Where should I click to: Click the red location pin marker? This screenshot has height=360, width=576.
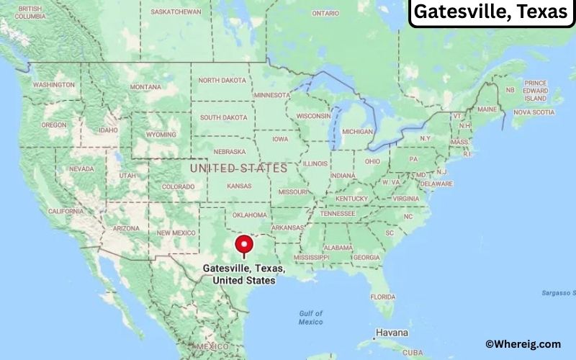tap(245, 246)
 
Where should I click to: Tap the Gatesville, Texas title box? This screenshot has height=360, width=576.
tap(491, 12)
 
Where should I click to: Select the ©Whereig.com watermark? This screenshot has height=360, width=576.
tap(523, 345)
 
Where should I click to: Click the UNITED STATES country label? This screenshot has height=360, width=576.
tap(238, 168)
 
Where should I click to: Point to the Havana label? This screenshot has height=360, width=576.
tap(392, 333)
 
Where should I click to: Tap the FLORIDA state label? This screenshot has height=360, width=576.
tap(383, 297)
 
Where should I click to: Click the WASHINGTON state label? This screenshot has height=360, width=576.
tap(53, 85)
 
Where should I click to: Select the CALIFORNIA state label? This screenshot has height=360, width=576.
tap(66, 211)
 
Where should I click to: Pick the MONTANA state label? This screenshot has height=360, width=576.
tap(145, 87)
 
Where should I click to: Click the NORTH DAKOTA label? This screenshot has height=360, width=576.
tap(222, 80)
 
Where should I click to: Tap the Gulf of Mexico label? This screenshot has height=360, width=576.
tap(310, 318)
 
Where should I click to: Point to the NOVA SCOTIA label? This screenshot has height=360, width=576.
tap(534, 112)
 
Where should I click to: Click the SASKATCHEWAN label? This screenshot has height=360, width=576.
tap(176, 12)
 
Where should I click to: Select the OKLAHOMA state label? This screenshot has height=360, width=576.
tap(250, 215)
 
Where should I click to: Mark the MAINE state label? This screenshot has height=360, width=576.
tap(487, 109)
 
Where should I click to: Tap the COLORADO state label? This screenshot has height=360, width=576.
tap(178, 186)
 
